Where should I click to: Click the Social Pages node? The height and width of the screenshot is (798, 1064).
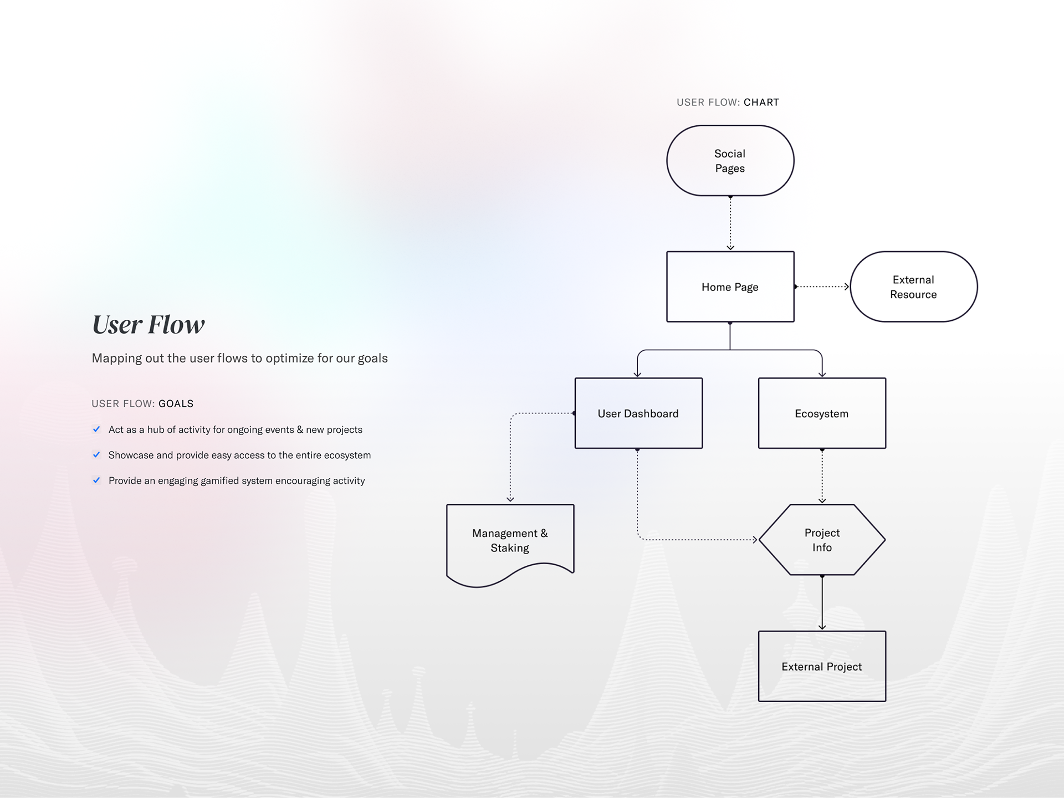pyautogui.click(x=730, y=161)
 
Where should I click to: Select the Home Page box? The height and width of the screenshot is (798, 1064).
pyautogui.click(x=730, y=287)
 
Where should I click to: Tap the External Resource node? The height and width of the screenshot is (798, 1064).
pyautogui.click(x=913, y=287)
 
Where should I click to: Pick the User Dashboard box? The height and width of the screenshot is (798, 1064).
pyautogui.click(x=638, y=413)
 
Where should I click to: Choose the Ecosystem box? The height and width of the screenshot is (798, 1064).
pyautogui.click(x=822, y=413)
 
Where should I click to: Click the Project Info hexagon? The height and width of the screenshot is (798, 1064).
pyautogui.click(x=822, y=540)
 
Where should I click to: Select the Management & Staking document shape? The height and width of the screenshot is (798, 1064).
pyautogui.click(x=510, y=540)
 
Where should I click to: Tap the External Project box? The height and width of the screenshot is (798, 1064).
pyautogui.click(x=822, y=666)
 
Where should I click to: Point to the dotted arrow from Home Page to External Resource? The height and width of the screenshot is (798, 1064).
pyautogui.click(x=822, y=287)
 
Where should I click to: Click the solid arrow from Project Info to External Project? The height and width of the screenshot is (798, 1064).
pyautogui.click(x=822, y=603)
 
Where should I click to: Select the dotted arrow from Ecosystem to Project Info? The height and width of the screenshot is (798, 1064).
pyautogui.click(x=822, y=476)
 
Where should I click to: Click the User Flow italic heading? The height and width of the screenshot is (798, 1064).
pyautogui.click(x=149, y=325)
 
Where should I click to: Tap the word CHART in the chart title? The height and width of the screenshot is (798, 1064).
pyautogui.click(x=761, y=103)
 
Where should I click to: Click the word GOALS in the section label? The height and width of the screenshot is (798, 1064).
pyautogui.click(x=176, y=404)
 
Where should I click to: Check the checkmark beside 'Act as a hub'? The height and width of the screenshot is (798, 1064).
pyautogui.click(x=96, y=429)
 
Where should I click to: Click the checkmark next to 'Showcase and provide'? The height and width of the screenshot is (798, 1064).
pyautogui.click(x=96, y=455)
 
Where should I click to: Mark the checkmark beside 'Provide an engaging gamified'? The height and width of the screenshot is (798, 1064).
pyautogui.click(x=96, y=480)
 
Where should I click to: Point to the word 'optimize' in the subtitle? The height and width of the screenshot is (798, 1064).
pyautogui.click(x=288, y=359)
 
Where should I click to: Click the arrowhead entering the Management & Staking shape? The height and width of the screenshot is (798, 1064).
pyautogui.click(x=510, y=499)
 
